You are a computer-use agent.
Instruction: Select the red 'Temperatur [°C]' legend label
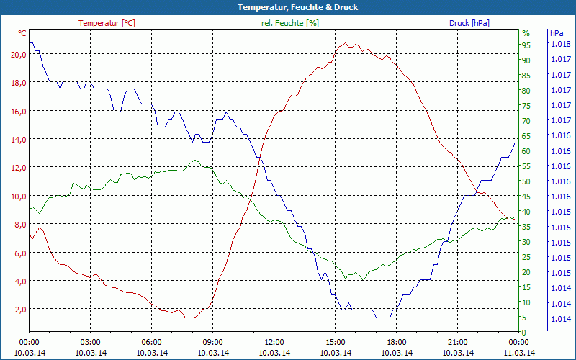tap(107, 23)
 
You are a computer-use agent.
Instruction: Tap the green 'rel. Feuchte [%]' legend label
tap(289, 23)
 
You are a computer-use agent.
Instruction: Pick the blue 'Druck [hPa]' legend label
tap(469, 23)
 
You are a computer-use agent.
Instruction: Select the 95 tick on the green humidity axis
tap(526, 45)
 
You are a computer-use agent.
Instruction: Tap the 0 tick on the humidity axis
tap(524, 332)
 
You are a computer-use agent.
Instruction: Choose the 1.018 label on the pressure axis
tap(560, 44)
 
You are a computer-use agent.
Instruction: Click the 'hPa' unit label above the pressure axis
tap(557, 33)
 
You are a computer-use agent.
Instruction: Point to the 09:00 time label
tap(212, 342)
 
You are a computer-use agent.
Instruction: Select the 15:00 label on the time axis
tap(335, 342)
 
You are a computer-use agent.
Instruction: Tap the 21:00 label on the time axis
tap(457, 342)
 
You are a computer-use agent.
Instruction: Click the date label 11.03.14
tap(518, 353)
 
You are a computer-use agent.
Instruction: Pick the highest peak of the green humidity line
tap(195, 160)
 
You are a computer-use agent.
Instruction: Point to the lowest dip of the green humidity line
tap(346, 279)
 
